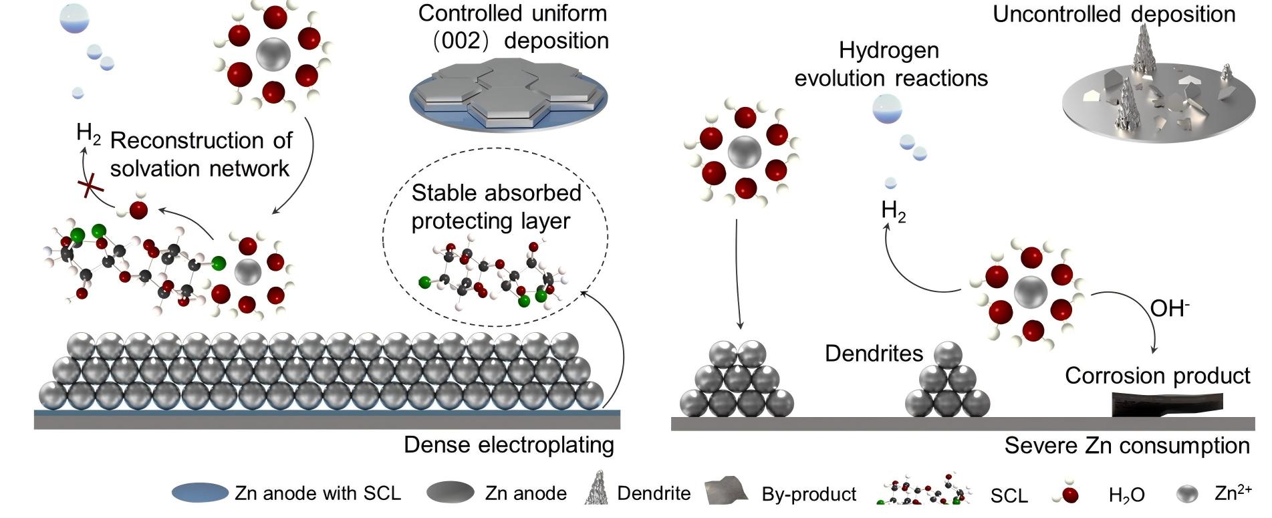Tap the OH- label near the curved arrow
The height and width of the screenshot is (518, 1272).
[x=1170, y=309]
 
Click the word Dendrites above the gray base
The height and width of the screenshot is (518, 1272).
[x=874, y=354]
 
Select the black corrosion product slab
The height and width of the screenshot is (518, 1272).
[x=1166, y=404]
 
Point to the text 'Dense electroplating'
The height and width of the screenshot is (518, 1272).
[x=509, y=445]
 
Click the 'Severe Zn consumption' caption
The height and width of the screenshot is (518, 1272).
[x=1126, y=446]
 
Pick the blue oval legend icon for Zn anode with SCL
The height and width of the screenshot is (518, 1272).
[x=200, y=493]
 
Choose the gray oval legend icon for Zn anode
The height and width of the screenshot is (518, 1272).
[x=450, y=493]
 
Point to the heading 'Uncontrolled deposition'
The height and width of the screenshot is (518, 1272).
[x=1114, y=15]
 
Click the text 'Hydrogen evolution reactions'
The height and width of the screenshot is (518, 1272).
[x=890, y=64]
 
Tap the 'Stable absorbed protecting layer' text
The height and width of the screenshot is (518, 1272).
[x=495, y=207]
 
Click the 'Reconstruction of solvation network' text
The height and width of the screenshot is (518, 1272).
[x=201, y=154]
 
